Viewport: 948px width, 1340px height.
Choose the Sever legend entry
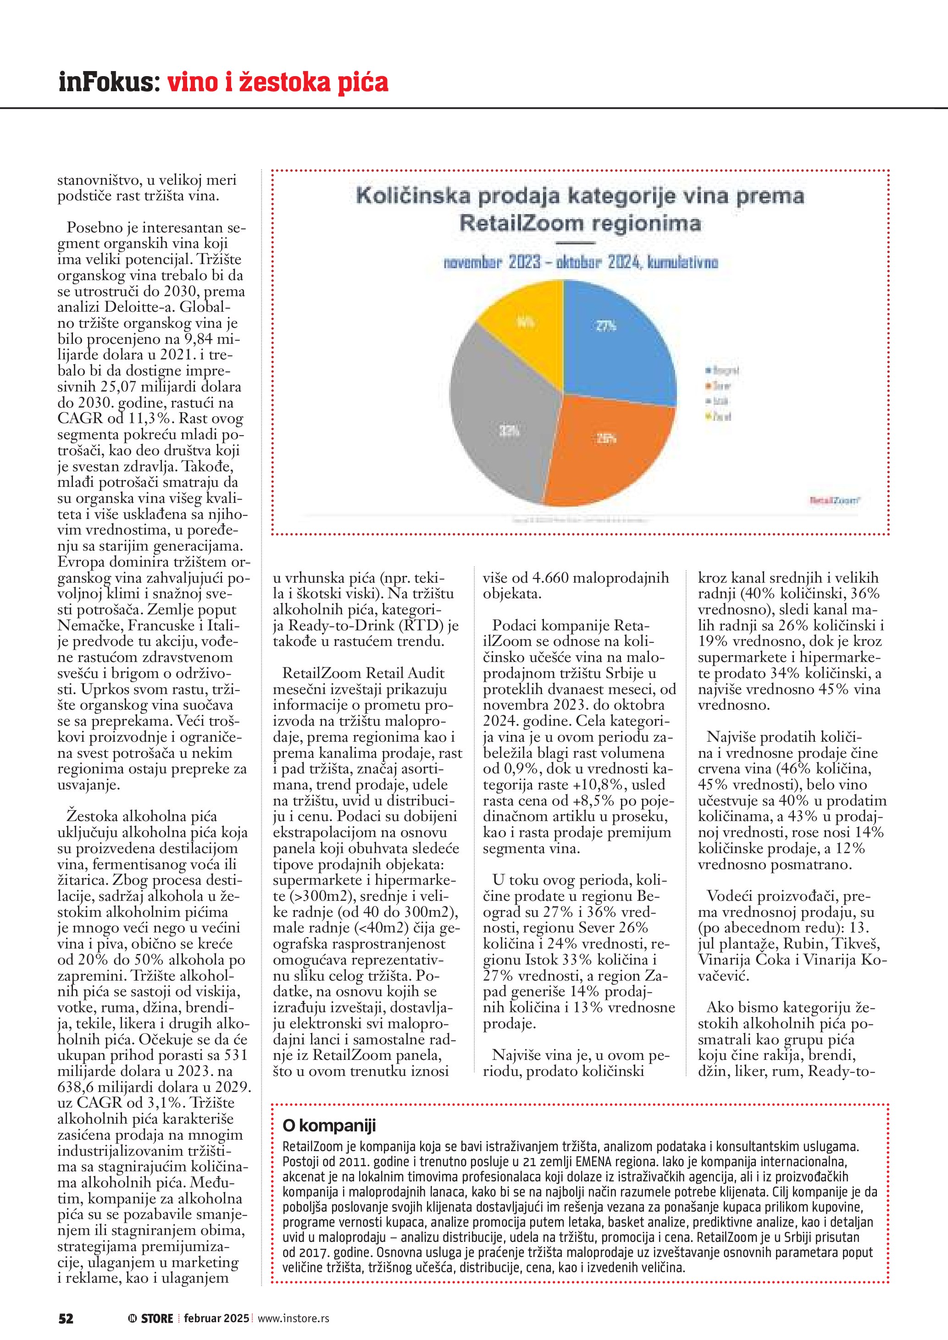tap(719, 386)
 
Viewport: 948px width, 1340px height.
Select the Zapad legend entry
tap(719, 417)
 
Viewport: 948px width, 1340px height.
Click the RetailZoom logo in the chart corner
tap(834, 500)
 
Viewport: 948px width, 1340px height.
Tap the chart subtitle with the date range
tap(581, 262)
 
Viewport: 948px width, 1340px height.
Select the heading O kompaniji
tap(329, 1125)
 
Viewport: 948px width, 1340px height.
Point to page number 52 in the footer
tap(66, 1318)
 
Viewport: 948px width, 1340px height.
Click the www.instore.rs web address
tap(293, 1318)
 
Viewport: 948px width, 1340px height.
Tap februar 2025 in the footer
tap(216, 1318)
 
